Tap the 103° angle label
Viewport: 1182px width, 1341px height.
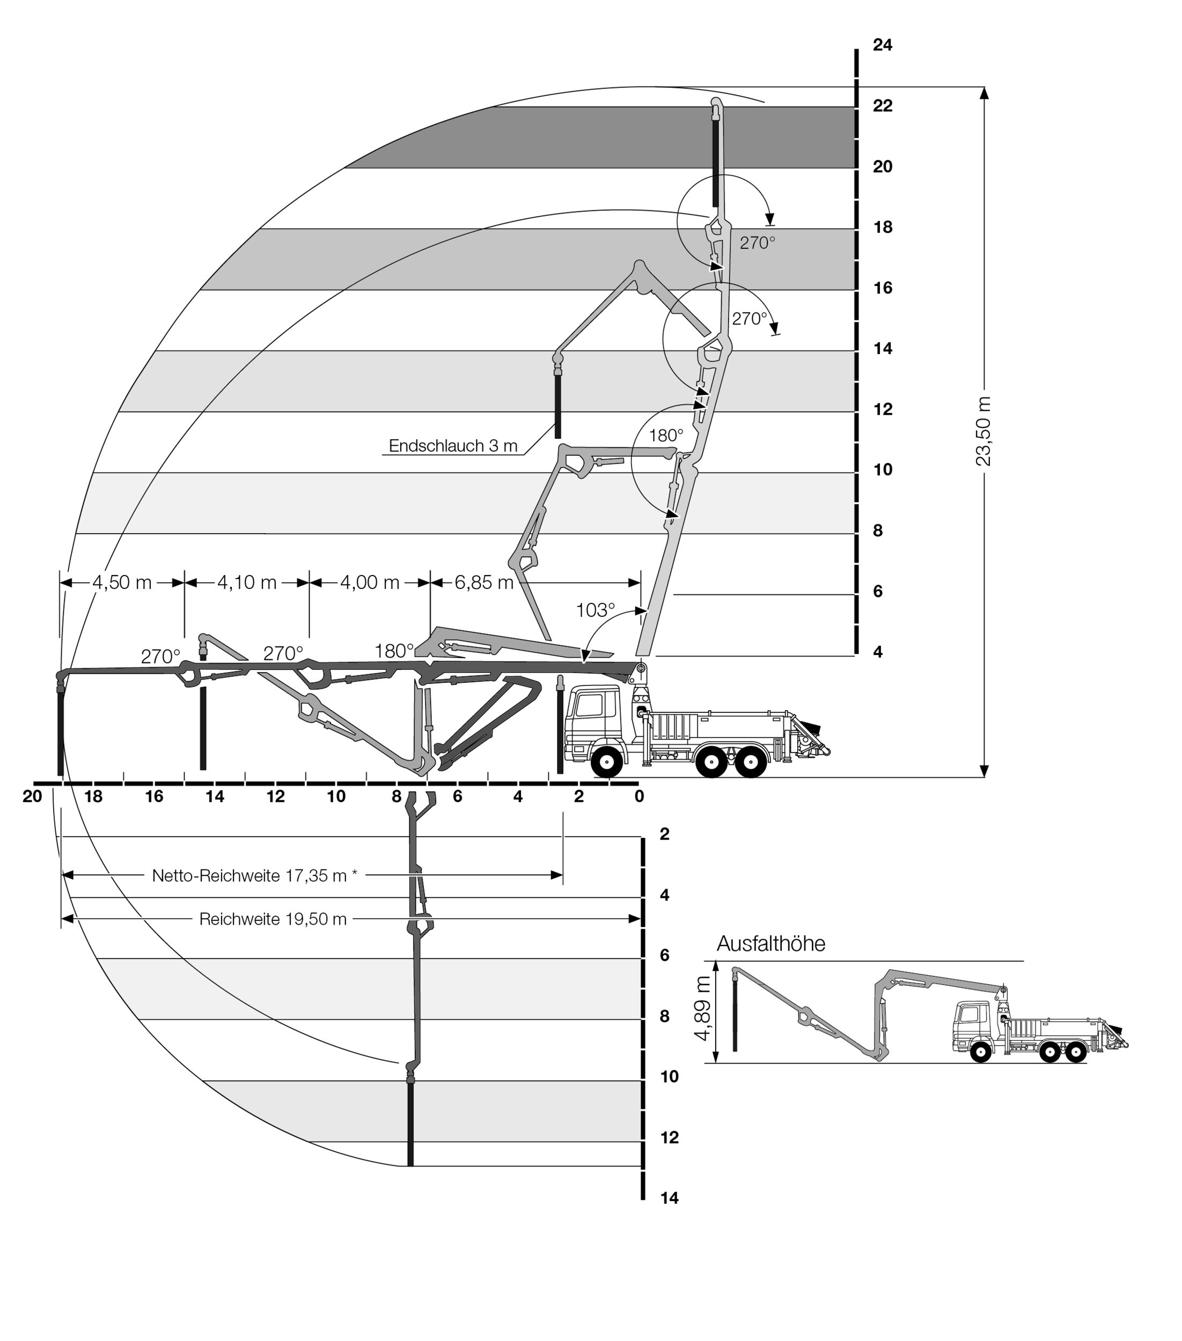[595, 610]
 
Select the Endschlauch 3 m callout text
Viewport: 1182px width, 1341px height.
[453, 446]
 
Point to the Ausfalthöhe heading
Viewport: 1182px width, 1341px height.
[770, 944]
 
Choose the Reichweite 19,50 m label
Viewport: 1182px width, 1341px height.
[273, 919]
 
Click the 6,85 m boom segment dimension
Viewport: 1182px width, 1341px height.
[484, 583]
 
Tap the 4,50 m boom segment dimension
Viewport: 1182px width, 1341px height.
[122, 583]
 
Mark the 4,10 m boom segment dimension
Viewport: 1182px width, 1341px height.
[247, 583]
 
